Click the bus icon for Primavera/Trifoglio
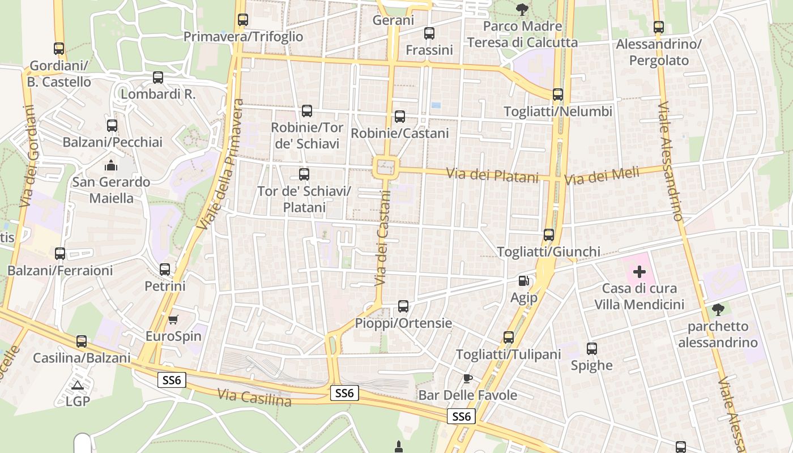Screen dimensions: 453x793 (243, 20)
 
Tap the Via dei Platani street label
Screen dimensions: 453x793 (492, 175)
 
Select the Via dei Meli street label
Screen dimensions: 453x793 (602, 176)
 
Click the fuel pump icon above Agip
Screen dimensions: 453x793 (524, 280)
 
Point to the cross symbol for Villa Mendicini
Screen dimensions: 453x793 (639, 272)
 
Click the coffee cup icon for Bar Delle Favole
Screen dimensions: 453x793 (467, 378)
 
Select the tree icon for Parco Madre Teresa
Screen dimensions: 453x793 (522, 10)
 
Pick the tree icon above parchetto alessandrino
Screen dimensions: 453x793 (718, 310)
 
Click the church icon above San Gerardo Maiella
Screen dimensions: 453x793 (111, 166)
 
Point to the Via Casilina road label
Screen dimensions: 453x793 (254, 398)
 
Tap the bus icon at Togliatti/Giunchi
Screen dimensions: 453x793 (548, 234)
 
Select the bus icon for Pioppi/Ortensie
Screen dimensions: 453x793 (403, 306)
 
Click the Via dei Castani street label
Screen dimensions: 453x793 (383, 237)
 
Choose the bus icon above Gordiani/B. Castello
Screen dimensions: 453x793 (59, 49)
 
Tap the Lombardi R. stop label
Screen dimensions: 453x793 (158, 94)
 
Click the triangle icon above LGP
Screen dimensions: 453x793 (78, 386)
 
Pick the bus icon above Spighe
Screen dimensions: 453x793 (592, 349)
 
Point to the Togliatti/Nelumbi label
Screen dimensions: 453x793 (558, 112)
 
